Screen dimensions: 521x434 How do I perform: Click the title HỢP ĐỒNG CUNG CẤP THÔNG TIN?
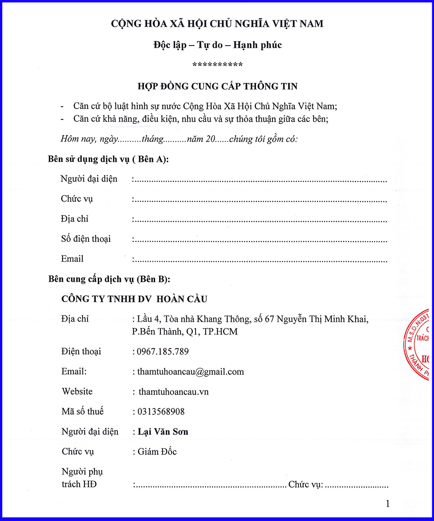click(x=217, y=86)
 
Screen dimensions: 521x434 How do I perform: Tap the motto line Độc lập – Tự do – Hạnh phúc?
click(x=217, y=45)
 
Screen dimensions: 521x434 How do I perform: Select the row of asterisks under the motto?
click(x=217, y=65)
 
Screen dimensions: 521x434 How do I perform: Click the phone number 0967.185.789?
click(x=162, y=352)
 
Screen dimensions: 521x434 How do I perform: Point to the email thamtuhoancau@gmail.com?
click(x=190, y=372)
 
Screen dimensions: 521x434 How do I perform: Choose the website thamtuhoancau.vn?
click(x=174, y=392)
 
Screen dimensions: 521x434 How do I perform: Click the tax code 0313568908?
click(x=161, y=412)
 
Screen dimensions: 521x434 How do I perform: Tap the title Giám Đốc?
click(x=157, y=451)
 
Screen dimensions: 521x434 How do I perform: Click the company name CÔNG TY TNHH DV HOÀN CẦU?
click(x=134, y=299)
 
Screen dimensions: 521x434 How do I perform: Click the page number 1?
click(x=388, y=504)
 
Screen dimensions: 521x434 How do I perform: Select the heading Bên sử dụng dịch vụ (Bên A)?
click(x=108, y=159)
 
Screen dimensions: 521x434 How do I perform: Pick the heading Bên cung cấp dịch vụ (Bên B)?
click(x=109, y=279)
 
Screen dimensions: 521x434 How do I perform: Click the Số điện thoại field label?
click(x=86, y=239)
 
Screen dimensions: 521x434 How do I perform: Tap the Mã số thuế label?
click(x=82, y=412)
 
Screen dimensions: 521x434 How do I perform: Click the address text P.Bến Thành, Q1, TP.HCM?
click(x=185, y=332)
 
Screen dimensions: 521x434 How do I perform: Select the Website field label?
click(x=77, y=391)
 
